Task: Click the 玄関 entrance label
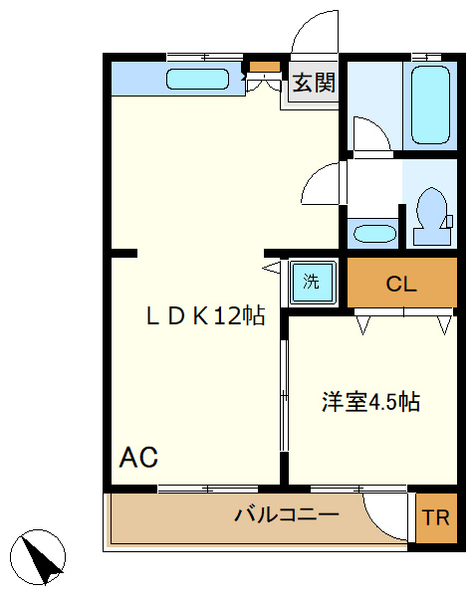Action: [x=314, y=84]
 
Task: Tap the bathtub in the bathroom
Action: [x=433, y=104]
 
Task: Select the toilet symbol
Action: [x=431, y=215]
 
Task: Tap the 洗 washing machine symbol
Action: [x=312, y=282]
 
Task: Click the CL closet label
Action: [x=401, y=286]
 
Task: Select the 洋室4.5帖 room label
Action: [x=370, y=402]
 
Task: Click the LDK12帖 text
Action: [x=205, y=316]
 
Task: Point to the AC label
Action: [x=138, y=458]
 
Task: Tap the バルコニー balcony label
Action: [x=287, y=515]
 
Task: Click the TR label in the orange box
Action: [x=435, y=518]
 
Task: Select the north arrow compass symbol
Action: [x=39, y=556]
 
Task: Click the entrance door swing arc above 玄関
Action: [x=315, y=34]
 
